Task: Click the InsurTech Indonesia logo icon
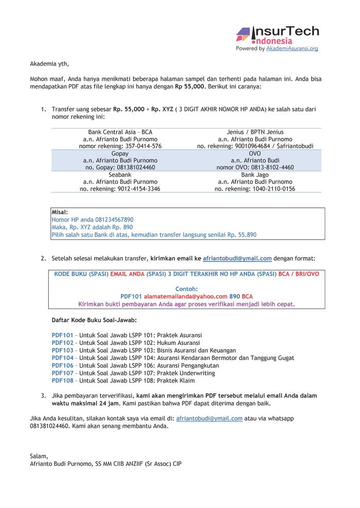[243, 35]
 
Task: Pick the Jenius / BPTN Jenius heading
[255, 132]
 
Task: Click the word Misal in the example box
[59, 212]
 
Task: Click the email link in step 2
[237, 259]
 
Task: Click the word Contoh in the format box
[187, 289]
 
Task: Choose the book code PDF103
[63, 350]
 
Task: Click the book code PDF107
[63, 373]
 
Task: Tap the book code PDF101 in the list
[63, 335]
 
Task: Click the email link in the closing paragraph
[209, 419]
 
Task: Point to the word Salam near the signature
[39, 456]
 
